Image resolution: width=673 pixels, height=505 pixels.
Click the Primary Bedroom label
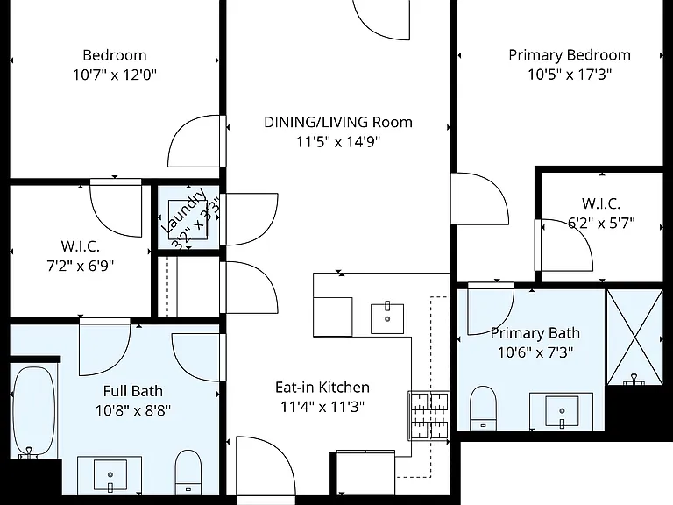(570, 55)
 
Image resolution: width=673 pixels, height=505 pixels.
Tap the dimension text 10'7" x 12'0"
(115, 75)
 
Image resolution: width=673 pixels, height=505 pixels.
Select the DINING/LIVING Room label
(338, 123)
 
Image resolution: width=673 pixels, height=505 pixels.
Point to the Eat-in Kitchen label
(322, 388)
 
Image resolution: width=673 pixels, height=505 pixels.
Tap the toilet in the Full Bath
(188, 472)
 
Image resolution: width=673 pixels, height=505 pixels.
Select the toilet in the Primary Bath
(484, 408)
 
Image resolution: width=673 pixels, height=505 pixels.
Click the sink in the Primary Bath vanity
(562, 411)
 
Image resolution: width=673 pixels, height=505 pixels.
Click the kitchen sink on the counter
(387, 318)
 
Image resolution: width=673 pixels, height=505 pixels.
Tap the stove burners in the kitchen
(429, 416)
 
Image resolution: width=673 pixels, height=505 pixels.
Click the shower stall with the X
(634, 337)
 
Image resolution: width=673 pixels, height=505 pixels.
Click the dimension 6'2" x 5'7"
(601, 223)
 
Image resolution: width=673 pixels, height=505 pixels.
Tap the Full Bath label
(133, 391)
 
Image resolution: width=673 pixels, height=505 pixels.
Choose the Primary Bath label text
(535, 333)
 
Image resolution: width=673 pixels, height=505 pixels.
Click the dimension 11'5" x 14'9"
(338, 142)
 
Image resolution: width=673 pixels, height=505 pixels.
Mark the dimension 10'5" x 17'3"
(570, 75)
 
